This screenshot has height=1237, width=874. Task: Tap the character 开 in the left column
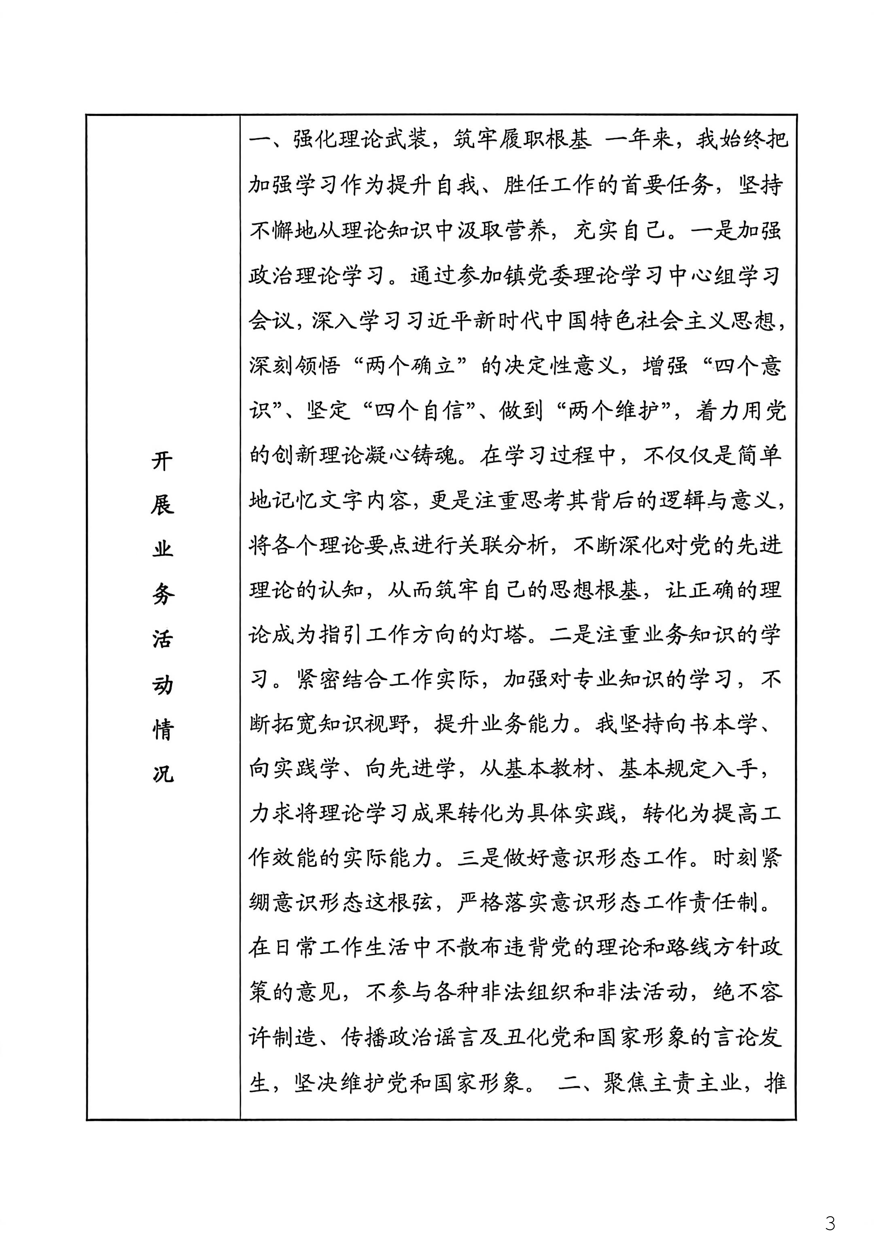pyautogui.click(x=162, y=461)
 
